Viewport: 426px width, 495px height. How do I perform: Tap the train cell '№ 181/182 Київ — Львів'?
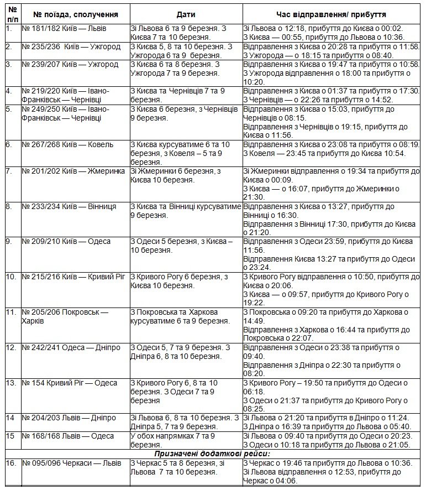pyautogui.click(x=64, y=28)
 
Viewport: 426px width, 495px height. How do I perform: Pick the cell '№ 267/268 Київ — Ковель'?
pyautogui.click(x=67, y=145)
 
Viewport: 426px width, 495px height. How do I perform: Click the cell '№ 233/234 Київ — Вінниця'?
pyautogui.click(x=69, y=206)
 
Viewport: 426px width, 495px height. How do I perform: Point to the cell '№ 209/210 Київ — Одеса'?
pyautogui.click(x=66, y=241)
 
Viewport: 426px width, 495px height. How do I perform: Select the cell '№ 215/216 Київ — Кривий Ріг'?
pyautogui.click(x=72, y=276)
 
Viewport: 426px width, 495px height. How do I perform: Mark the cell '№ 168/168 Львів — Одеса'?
pyautogui.click(x=67, y=436)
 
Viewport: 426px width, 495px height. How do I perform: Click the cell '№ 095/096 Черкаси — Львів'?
pyautogui.click(x=71, y=463)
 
